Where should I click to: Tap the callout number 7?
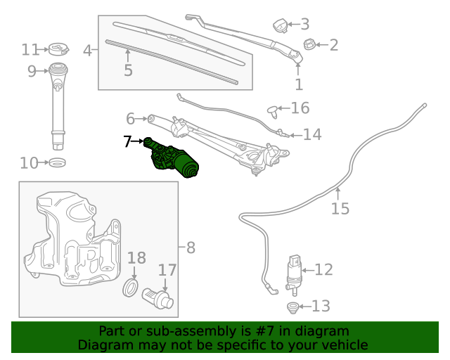click(127, 142)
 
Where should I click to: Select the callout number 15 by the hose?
click(340, 209)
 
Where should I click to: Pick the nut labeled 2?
click(309, 46)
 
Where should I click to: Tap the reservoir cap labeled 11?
click(57, 50)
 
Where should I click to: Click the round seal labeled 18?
click(131, 288)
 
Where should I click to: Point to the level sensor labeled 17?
click(157, 298)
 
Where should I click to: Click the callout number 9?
click(32, 70)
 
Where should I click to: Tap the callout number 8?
click(191, 247)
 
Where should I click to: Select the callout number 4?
click(88, 51)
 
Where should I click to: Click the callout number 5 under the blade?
click(128, 70)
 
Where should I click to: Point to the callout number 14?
click(312, 134)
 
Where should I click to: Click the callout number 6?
click(130, 118)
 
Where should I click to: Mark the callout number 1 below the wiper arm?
click(299, 84)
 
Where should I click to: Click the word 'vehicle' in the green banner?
click(344, 345)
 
